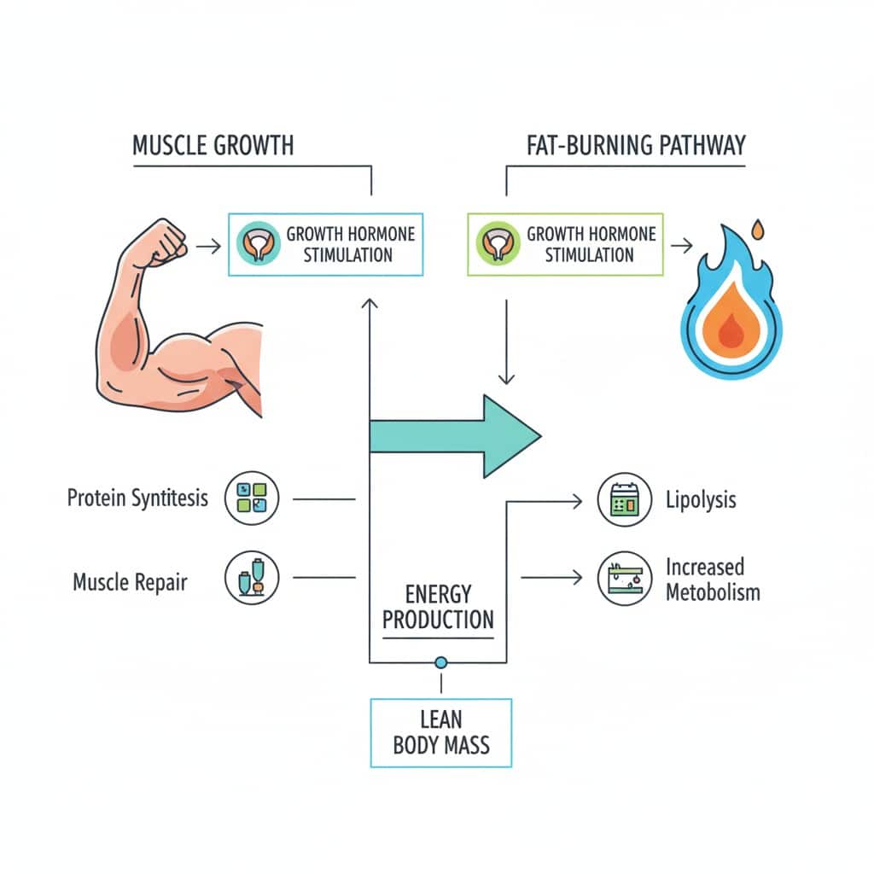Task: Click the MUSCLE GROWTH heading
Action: pos(213,145)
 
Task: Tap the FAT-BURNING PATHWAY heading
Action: pos(636,145)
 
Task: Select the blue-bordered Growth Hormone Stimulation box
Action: pos(326,244)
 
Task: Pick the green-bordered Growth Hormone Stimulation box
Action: pos(566,244)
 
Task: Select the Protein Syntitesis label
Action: pos(137,498)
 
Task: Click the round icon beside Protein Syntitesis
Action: pos(253,498)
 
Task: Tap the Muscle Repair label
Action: pos(130,583)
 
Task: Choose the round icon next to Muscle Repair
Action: pos(253,578)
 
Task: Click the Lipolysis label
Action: pos(701,500)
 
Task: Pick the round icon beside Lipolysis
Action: pos(625,500)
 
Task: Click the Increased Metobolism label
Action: pos(712,579)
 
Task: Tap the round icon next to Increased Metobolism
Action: pos(625,579)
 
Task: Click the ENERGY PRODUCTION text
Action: pos(438,606)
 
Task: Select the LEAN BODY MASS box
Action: pos(441,732)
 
